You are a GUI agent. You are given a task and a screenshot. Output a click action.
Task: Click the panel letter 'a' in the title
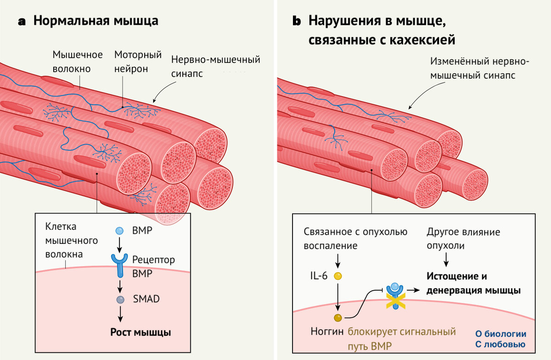coord(22,22)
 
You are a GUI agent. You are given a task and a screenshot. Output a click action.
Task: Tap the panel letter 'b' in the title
coord(297,22)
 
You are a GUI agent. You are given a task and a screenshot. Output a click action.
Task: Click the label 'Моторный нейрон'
coord(138,62)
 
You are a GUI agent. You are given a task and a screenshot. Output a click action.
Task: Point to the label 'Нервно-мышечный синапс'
coord(215,67)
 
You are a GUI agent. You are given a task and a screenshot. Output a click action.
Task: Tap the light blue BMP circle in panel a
coord(119,231)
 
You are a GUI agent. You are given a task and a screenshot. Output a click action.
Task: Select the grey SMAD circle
coord(120,299)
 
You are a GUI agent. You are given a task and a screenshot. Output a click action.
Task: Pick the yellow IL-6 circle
coord(338,276)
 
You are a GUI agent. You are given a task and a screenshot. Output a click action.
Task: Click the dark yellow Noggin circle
coord(338,318)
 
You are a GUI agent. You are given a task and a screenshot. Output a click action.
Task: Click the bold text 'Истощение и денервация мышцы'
coord(473,283)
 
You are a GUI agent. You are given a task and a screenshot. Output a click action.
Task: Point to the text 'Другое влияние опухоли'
coord(463,239)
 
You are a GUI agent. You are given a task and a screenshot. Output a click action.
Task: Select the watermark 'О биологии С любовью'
coord(500,339)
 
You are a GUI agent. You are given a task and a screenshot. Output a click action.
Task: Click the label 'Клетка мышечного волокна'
coord(71,240)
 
